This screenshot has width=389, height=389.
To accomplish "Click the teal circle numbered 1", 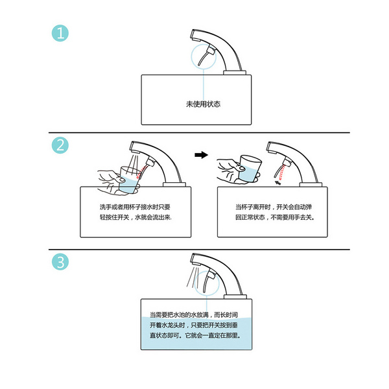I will (60, 34).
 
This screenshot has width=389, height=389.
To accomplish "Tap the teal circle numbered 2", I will (60, 147).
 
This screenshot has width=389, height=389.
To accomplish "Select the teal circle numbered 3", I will (60, 262).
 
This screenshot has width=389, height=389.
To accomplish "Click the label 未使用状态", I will (203, 104).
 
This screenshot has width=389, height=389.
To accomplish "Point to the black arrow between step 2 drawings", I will (202, 155).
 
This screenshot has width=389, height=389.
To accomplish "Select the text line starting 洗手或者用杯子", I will (135, 207).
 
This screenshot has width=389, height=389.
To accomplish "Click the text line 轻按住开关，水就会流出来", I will (135, 218).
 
